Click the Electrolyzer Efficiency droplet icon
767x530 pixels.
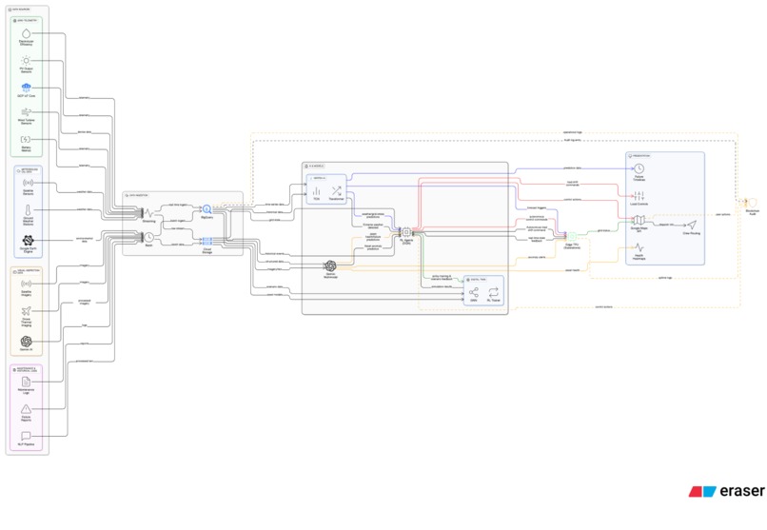click(27, 33)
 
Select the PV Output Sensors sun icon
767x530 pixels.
click(27, 60)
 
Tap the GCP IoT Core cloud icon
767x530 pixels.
click(27, 88)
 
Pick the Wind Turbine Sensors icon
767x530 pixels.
click(27, 112)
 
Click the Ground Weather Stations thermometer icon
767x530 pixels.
click(27, 209)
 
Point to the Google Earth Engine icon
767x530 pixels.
click(27, 241)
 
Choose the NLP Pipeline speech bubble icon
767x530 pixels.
click(27, 435)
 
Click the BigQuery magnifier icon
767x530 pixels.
click(206, 209)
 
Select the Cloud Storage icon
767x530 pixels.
click(206, 241)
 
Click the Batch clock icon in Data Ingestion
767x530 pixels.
click(149, 237)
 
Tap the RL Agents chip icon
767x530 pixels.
click(405, 231)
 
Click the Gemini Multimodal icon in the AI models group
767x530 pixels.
click(330, 266)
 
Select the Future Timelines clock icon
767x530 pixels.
click(639, 169)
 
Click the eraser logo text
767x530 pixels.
click(740, 492)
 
